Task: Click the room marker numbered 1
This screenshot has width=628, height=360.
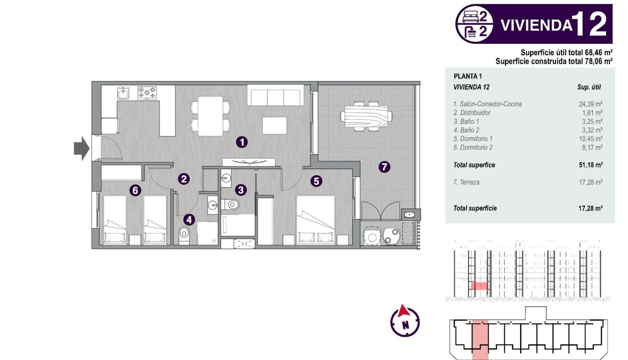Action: pos(242,141)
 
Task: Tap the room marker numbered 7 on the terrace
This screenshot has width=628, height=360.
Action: pos(384,167)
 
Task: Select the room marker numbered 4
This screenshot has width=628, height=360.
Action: pos(189,220)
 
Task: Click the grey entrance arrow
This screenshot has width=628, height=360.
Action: pos(81,148)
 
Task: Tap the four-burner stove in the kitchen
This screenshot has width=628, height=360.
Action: pos(147,92)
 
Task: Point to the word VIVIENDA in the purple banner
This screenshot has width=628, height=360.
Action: pos(535,25)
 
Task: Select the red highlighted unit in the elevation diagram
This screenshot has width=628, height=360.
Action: pos(479,286)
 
